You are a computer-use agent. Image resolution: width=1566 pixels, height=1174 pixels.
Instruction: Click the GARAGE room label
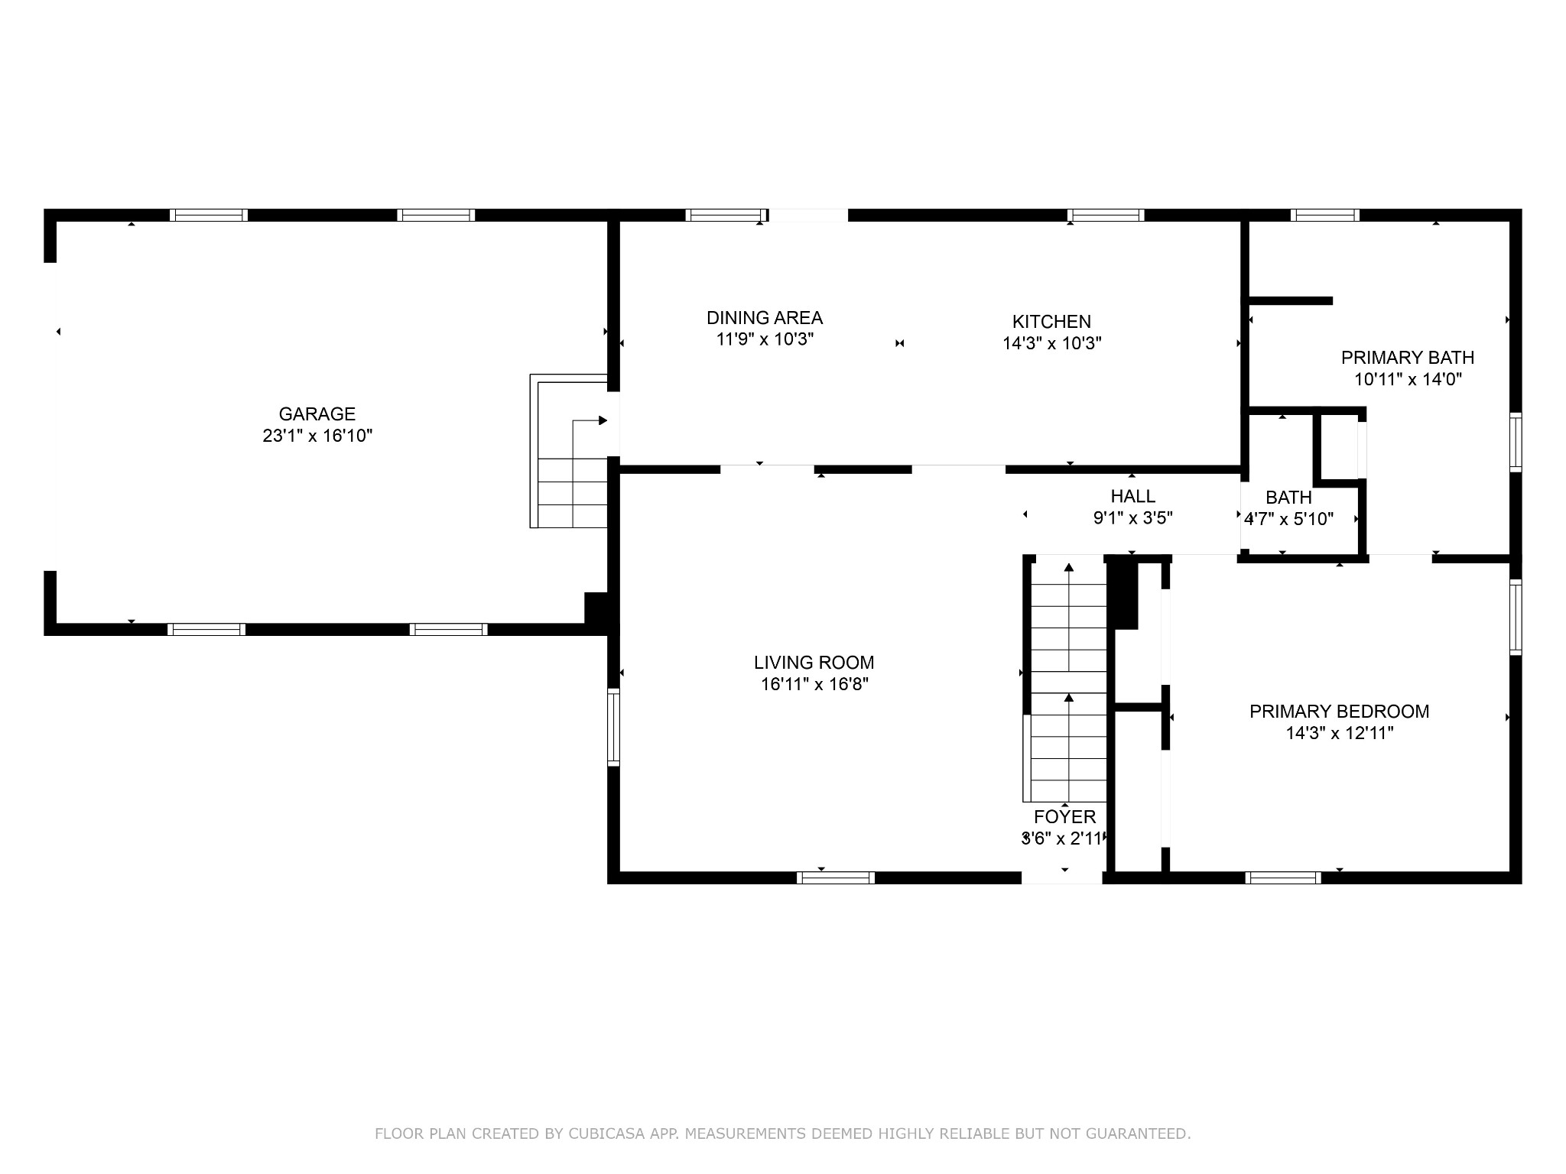coord(317,414)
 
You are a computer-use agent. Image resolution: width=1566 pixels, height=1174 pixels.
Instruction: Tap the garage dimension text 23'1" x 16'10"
coord(317,436)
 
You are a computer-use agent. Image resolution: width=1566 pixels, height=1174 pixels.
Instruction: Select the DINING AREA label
coord(764,318)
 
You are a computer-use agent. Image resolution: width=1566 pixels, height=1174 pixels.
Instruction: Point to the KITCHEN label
coord(1051,322)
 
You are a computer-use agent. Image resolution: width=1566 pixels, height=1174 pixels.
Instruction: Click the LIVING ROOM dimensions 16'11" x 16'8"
coord(814,684)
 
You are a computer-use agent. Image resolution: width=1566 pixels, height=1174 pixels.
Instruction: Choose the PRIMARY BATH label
coord(1407,358)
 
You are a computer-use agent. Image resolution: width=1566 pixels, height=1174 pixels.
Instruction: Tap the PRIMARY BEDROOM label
coord(1339,712)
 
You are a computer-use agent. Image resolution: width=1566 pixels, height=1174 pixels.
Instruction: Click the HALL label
coord(1132,497)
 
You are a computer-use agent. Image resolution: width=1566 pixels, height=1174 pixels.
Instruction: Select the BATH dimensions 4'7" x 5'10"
coord(1288,519)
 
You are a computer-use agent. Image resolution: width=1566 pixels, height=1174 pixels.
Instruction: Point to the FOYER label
coord(1064,817)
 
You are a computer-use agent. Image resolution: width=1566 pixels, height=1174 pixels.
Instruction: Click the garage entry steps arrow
coord(590,421)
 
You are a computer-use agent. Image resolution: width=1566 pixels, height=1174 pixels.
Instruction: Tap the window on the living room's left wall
coord(612,727)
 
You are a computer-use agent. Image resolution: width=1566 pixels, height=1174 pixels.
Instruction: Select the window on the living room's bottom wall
coord(835,877)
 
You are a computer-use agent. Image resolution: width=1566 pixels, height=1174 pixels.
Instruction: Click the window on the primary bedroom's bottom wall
coord(1283,877)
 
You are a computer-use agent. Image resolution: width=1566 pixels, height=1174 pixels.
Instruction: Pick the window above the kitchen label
coord(1105,215)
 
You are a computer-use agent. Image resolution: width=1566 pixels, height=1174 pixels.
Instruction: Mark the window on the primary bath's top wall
coord(1324,215)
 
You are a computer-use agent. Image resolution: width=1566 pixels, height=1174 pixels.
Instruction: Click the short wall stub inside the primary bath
coord(1290,300)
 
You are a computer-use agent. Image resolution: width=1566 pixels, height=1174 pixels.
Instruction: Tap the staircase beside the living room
coord(1068,680)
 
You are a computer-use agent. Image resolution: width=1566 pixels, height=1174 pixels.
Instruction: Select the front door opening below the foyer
coord(1062,877)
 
